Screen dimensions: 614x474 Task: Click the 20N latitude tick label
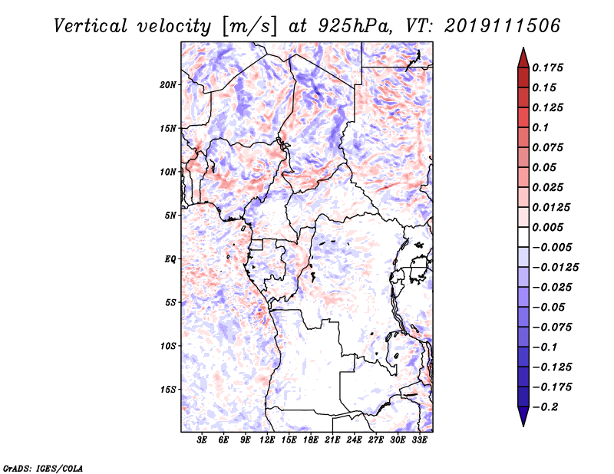[167, 85]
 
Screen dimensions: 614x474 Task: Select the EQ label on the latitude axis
[170, 259]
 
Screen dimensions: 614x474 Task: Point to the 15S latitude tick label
[167, 390]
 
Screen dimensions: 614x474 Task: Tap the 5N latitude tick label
[170, 216]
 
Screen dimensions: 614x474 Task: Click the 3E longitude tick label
[202, 440]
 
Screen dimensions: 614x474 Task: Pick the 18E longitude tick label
[311, 440]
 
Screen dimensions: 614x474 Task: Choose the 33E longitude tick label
[419, 440]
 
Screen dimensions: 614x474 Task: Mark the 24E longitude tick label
[354, 440]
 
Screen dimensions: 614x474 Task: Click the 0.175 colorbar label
[547, 68]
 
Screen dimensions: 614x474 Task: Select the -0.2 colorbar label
[545, 407]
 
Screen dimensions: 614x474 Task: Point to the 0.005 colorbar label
[547, 227]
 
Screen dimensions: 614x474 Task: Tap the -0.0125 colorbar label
[555, 268]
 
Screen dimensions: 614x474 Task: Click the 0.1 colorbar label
[540, 127]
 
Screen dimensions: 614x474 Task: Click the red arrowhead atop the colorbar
[523, 58]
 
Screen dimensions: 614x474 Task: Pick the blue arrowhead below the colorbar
[523, 416]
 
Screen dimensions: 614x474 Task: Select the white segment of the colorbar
[523, 237]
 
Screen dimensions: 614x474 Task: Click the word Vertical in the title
[91, 26]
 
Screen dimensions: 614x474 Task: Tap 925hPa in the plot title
[355, 26]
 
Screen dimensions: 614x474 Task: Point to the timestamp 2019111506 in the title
[503, 26]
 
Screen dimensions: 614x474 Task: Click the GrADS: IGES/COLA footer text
[43, 469]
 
